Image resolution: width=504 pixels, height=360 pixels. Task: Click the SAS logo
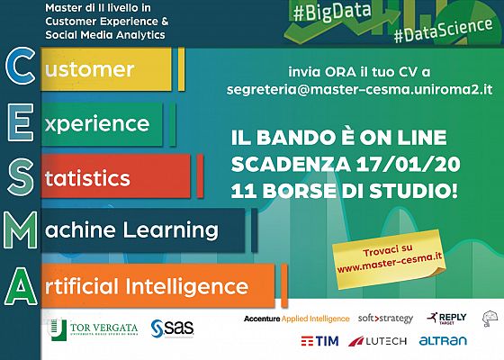[169, 327]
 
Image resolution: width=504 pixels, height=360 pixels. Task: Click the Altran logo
[443, 341]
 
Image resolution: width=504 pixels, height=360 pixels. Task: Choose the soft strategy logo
[385, 319]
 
